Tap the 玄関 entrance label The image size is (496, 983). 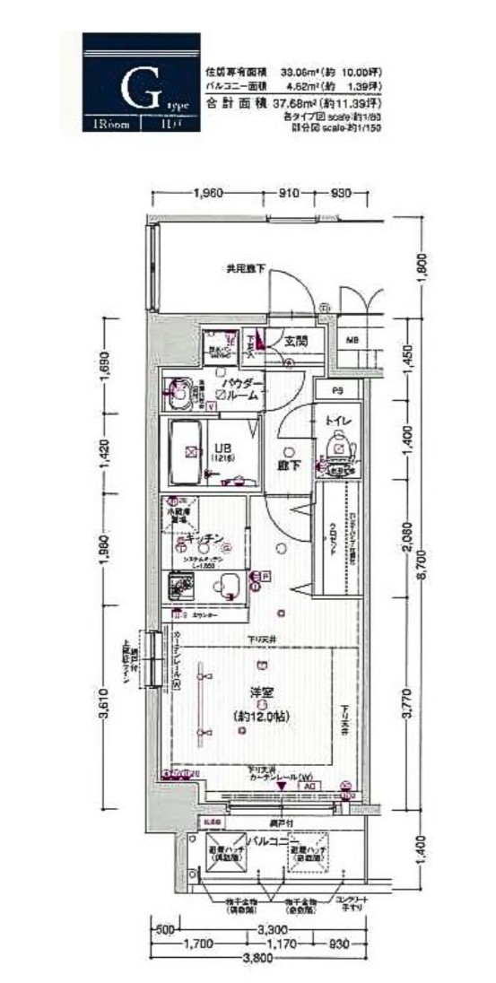[297, 341]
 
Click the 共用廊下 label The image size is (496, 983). [245, 267]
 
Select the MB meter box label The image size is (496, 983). [352, 341]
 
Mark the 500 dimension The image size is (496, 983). [163, 928]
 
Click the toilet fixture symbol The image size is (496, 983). [340, 446]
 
